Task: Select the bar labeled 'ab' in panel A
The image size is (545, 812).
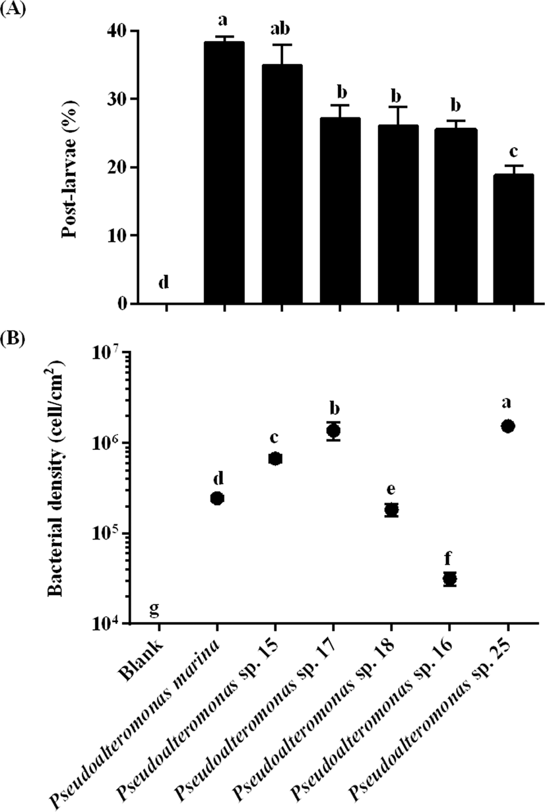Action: pos(282,185)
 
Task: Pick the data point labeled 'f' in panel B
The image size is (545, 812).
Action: pos(450,579)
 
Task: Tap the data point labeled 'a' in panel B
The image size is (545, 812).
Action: pos(508,426)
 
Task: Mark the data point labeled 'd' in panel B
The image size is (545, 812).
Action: pos(217,498)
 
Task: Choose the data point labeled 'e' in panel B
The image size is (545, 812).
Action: pos(391,509)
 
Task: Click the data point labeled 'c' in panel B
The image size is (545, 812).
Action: pos(275,458)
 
